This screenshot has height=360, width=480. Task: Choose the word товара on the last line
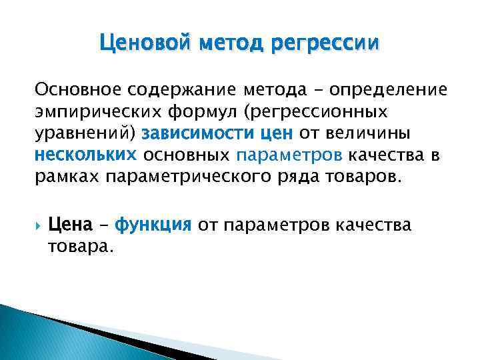[79, 247]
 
